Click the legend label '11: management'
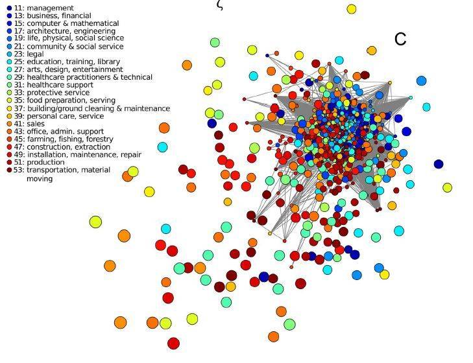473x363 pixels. pos(43,8)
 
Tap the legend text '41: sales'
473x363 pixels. pos(29,124)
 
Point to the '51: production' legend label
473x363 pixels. pos(39,162)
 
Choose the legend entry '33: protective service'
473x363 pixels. pos(52,93)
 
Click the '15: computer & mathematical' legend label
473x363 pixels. pos(66,23)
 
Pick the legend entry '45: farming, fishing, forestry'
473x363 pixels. pos(64,139)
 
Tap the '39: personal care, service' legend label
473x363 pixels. pos(59,117)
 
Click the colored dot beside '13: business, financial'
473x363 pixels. pos(9,16)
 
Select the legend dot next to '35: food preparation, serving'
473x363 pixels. pos(9,100)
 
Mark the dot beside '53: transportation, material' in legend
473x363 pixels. pos(9,170)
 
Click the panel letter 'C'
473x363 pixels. pos(400,39)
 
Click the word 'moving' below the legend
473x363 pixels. pos(40,179)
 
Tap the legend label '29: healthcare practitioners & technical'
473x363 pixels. pos(83,77)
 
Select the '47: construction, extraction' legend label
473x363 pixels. pos(62,147)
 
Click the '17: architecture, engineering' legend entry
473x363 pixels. pos(64,31)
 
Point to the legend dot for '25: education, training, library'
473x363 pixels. pos(9,62)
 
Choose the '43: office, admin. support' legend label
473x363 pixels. pos(59,132)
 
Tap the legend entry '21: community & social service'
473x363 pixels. pos(69,47)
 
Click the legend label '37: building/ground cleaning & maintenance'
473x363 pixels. pos(92,108)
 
